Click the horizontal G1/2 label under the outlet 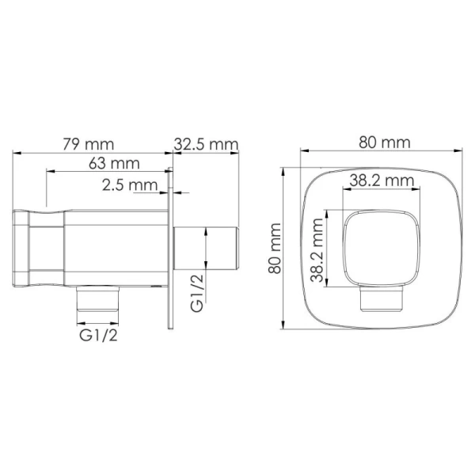(x=99, y=335)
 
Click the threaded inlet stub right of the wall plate (x=206, y=249)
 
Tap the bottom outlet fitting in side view (x=97, y=298)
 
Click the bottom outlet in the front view (x=380, y=299)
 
